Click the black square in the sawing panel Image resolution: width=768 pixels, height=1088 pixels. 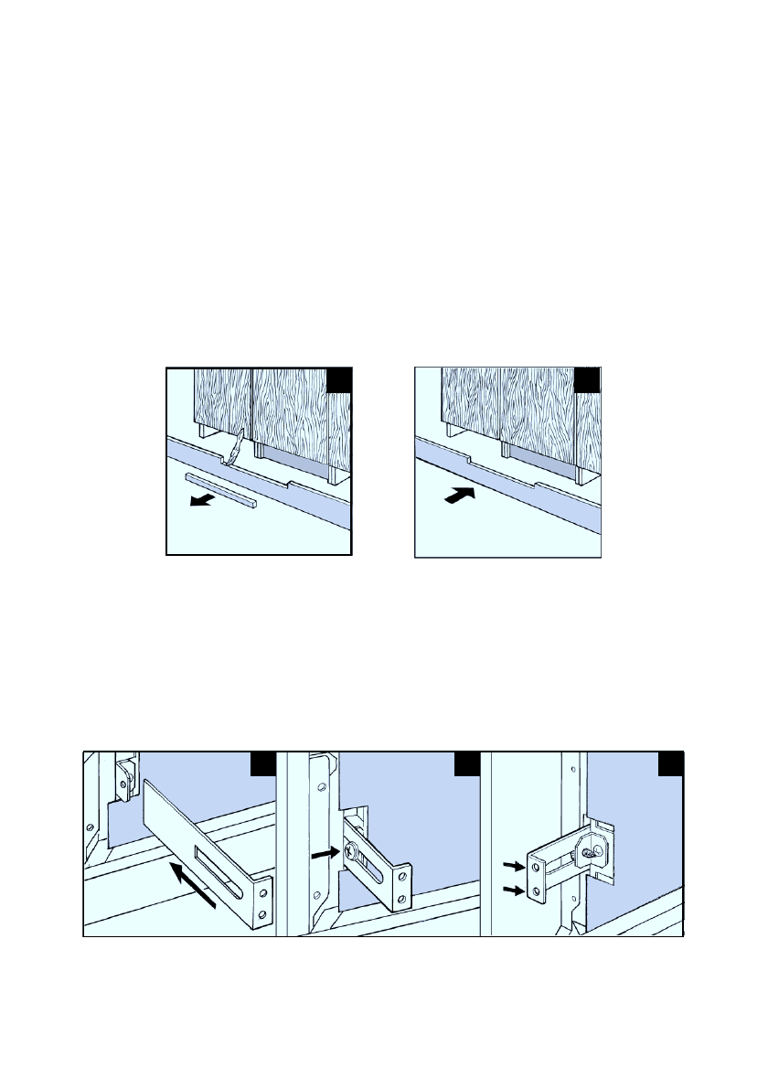tap(339, 380)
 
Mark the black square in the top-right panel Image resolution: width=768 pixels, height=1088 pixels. tap(587, 380)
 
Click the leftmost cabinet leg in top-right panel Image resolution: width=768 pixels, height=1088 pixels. tap(449, 431)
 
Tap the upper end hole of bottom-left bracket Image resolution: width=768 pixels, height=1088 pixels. tap(263, 892)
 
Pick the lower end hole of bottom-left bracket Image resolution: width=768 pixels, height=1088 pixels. tap(263, 912)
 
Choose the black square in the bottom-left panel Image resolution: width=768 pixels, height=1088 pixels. tap(263, 764)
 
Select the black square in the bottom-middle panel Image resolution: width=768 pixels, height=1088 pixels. tap(468, 764)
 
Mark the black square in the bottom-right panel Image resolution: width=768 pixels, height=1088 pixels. tap(672, 764)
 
